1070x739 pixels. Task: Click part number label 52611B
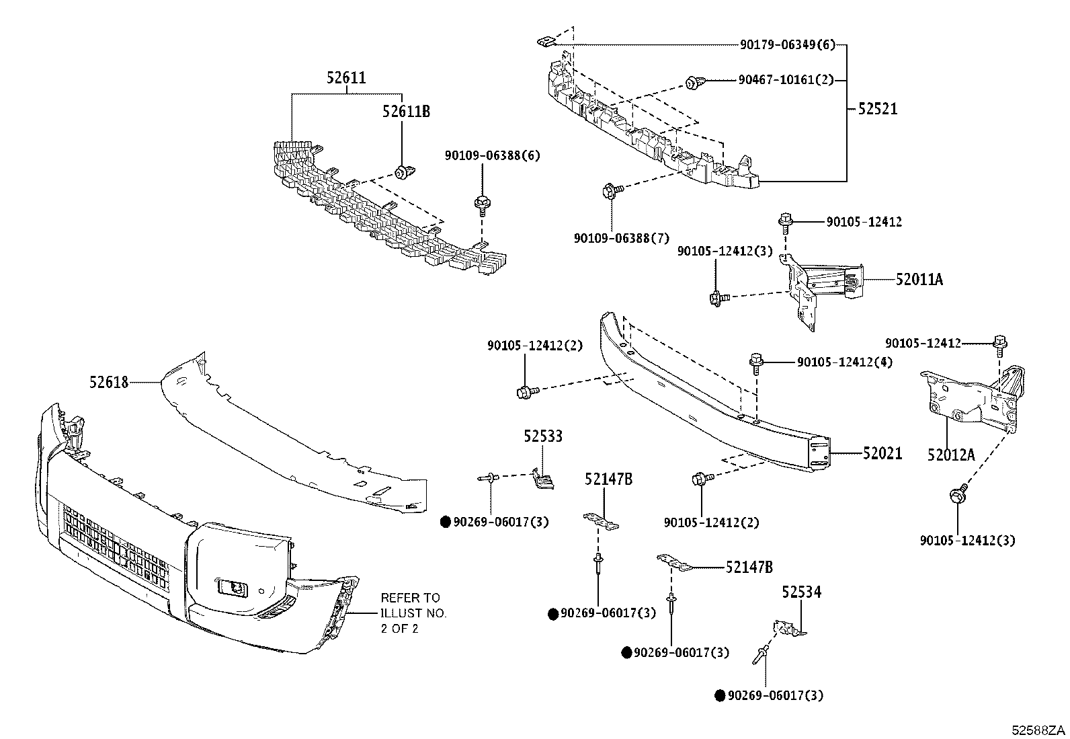[x=406, y=112]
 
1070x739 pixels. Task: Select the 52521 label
[x=877, y=109]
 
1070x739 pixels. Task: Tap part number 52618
[x=108, y=382]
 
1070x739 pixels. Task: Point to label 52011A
[x=919, y=279]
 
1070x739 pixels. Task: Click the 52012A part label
[x=950, y=455]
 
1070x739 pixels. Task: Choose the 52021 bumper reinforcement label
[x=882, y=454]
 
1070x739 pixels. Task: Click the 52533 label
[x=543, y=437]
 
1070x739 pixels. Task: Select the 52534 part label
[x=801, y=592]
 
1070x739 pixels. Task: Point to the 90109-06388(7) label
[x=622, y=238]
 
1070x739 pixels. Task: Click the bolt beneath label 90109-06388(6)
[x=481, y=202]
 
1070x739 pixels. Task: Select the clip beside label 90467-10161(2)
[x=692, y=83]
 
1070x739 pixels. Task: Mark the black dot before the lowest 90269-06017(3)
[x=719, y=696]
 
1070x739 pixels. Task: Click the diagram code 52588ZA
[x=1040, y=730]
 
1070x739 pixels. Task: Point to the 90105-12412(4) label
[x=845, y=362]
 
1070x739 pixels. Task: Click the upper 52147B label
[x=608, y=479]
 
